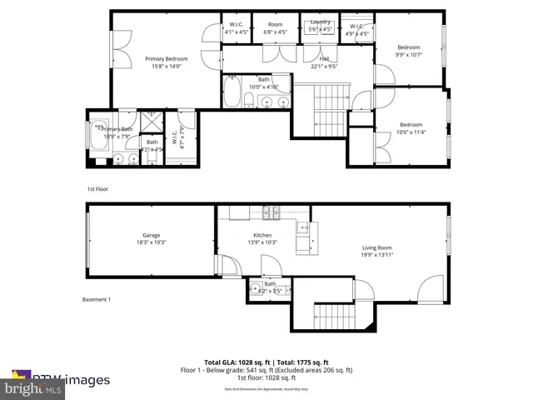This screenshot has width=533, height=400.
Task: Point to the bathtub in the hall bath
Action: (232, 91)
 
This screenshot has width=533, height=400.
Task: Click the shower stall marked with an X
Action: (152, 122)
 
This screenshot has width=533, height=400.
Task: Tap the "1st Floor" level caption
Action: (98, 189)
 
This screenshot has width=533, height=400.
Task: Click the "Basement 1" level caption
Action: (97, 299)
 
